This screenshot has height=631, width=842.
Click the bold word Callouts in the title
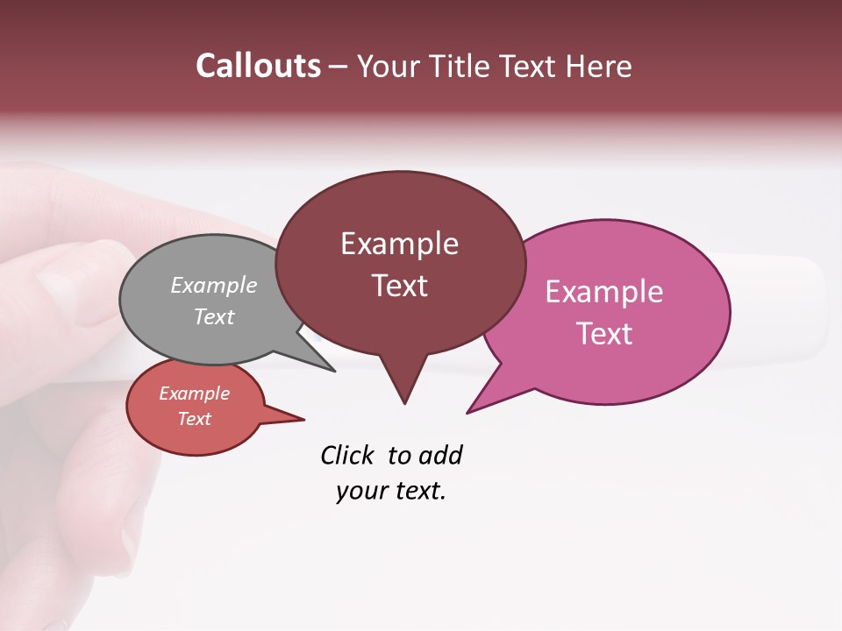[259, 66]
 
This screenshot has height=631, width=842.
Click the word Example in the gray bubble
[214, 285]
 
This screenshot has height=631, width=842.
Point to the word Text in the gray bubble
[214, 316]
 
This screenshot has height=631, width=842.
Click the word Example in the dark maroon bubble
[399, 244]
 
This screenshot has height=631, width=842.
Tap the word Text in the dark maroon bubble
[399, 286]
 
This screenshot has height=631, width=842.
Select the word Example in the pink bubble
[604, 292]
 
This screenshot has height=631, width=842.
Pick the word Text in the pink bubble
[604, 334]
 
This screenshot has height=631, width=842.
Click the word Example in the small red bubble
[194, 393]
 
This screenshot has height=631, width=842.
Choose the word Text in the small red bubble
[194, 419]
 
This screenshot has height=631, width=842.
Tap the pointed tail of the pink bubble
[479, 403]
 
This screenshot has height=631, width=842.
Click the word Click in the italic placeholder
[346, 456]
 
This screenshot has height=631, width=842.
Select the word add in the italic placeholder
[440, 456]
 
